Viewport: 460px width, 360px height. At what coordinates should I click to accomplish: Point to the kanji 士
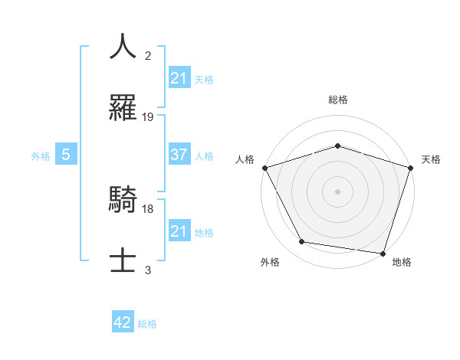123,261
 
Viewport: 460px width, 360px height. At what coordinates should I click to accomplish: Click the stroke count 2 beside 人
148,55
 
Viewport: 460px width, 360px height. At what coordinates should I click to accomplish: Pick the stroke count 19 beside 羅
148,117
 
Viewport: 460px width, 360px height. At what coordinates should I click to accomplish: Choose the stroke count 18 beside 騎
148,208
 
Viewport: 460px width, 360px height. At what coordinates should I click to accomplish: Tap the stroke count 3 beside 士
148,270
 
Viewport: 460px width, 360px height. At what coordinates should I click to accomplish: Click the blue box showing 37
179,155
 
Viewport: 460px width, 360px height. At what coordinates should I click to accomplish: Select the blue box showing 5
66,155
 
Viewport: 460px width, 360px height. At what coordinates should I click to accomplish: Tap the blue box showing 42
123,322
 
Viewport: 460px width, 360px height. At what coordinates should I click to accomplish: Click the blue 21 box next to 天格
179,77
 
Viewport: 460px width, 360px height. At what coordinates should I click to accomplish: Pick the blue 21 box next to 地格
179,231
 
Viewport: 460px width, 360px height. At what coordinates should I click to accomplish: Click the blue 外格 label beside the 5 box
41,155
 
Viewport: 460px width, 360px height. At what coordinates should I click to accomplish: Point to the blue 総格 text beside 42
147,323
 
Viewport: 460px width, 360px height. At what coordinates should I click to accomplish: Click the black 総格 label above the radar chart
338,100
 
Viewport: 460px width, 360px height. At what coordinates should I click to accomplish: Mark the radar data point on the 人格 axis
265,168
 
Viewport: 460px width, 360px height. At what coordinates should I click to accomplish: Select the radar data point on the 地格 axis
383,253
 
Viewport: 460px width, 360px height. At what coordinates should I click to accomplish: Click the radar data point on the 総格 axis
338,146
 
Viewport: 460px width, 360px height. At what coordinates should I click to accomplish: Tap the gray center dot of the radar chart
338,191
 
